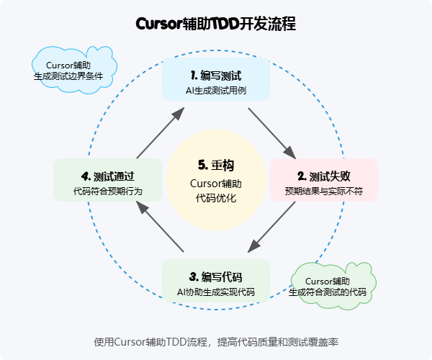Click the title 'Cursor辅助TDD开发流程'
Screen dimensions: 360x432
click(215, 24)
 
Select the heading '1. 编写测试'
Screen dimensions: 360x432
click(216, 75)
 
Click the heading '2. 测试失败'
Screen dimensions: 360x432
click(324, 176)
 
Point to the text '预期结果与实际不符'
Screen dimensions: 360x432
click(324, 191)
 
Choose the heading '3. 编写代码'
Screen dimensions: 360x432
click(216, 276)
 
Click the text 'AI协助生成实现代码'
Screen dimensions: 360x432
click(216, 292)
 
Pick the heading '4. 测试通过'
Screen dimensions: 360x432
click(108, 176)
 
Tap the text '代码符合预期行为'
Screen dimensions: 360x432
click(108, 191)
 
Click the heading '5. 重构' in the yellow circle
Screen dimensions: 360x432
click(216, 165)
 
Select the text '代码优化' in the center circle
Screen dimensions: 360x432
click(216, 198)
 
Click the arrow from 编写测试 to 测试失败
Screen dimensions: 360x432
click(271, 132)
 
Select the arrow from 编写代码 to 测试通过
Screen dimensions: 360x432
click(160, 228)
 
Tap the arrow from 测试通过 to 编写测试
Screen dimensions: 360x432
click(160, 132)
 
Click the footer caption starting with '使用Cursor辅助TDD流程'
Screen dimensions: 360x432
click(216, 342)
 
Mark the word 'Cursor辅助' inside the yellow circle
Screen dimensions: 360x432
click(216, 183)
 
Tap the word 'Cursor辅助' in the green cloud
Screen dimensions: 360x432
click(328, 280)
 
